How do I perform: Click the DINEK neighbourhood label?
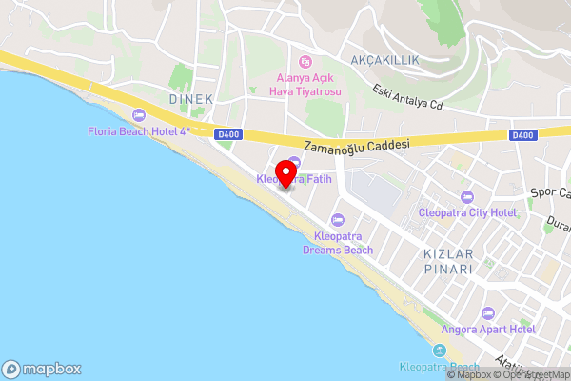coord(190,99)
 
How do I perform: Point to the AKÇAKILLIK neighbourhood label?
coord(384,59)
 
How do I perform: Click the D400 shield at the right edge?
coord(522,135)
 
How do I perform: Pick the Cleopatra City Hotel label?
coord(467,213)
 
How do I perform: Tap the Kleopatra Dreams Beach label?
coord(338,243)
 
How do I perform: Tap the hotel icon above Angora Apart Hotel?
coord(488,313)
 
